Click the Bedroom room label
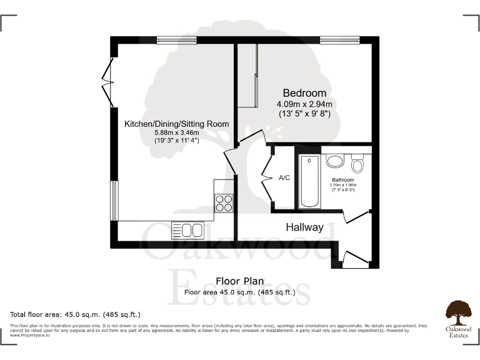click(x=304, y=93)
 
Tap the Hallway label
click(x=304, y=227)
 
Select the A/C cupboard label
click(x=284, y=178)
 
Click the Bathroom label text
click(x=342, y=180)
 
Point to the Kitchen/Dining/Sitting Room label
click(x=176, y=124)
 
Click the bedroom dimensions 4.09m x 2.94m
click(x=304, y=104)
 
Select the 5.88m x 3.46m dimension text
click(x=176, y=132)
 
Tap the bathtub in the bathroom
click(x=309, y=181)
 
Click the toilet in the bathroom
click(x=357, y=165)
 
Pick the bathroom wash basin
click(x=336, y=161)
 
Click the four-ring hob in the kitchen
click(x=224, y=202)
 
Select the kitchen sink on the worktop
click(x=187, y=230)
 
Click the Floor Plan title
click(x=240, y=281)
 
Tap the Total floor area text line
click(x=76, y=314)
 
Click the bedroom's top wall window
click(x=336, y=40)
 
